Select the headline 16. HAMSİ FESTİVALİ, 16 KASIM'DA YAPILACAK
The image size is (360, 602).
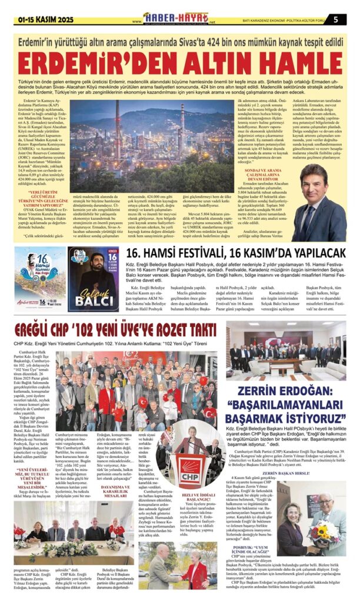[235, 253]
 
